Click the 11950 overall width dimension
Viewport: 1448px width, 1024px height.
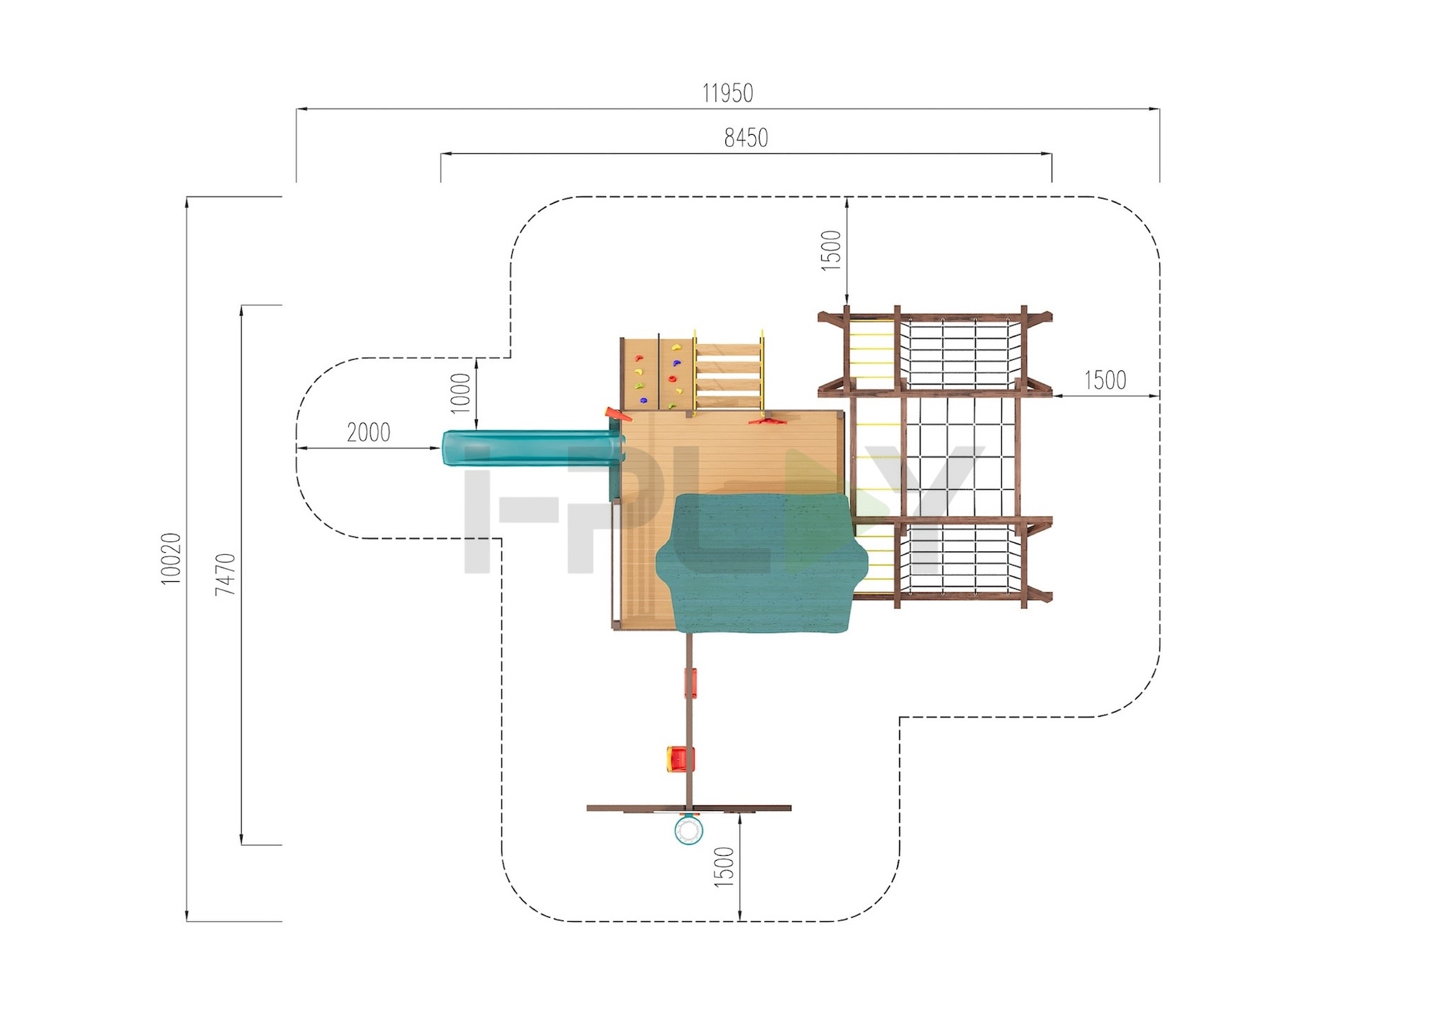[x=728, y=93]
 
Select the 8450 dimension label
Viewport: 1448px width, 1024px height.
[x=746, y=138]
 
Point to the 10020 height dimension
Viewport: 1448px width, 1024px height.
[x=172, y=558]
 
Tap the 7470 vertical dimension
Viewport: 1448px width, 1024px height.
[x=226, y=573]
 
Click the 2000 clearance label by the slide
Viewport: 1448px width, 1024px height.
[x=369, y=432]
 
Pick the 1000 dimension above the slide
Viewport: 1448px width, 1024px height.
[x=461, y=392]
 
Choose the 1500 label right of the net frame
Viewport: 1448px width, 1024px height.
[x=1106, y=380]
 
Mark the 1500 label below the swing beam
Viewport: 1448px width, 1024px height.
[x=724, y=866]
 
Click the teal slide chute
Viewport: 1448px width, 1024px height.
[x=532, y=447]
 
